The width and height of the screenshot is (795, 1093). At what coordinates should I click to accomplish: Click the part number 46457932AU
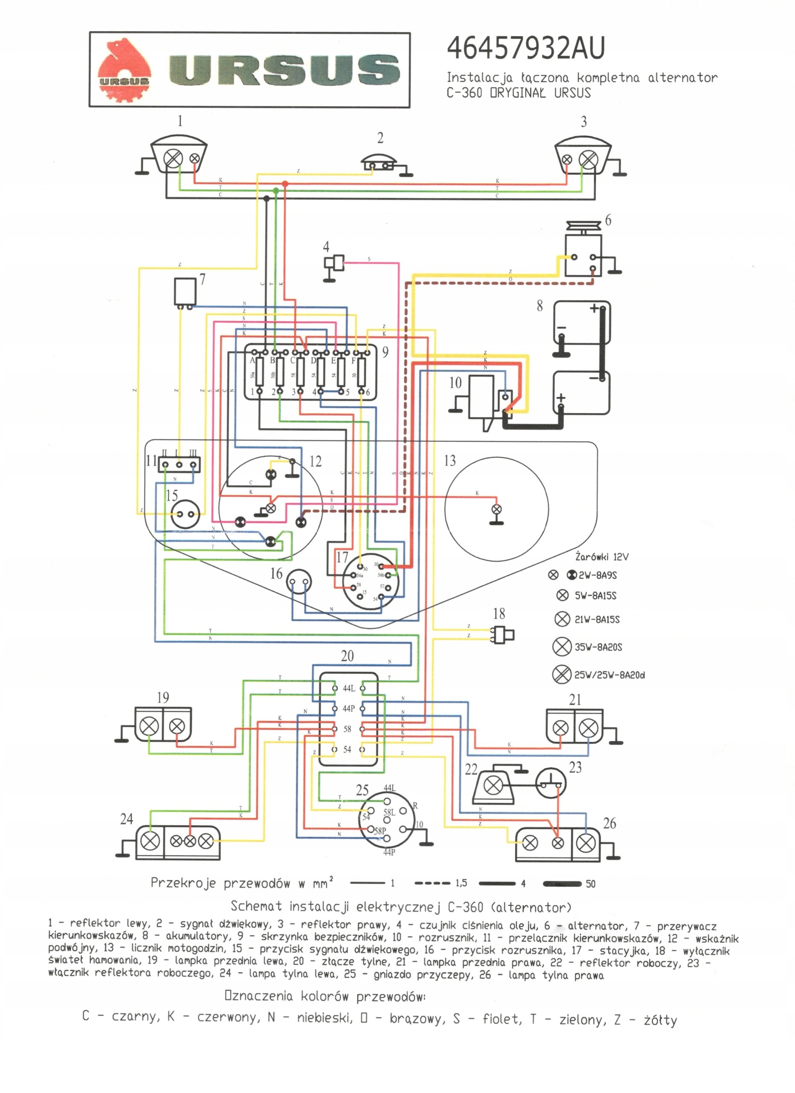(525, 48)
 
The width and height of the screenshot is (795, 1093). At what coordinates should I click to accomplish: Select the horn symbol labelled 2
(379, 164)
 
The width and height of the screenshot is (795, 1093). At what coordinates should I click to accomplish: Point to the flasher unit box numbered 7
(185, 291)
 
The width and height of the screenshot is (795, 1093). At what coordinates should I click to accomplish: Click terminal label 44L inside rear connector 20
(349, 689)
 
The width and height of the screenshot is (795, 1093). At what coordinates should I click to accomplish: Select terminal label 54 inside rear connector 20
(347, 749)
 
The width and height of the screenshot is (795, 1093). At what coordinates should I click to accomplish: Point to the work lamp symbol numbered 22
(493, 786)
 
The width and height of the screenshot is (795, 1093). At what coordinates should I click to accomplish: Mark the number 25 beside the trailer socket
(362, 790)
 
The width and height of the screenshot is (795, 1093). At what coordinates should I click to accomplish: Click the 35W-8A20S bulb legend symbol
(562, 647)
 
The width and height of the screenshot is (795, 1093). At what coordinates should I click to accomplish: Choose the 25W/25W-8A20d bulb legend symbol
(562, 674)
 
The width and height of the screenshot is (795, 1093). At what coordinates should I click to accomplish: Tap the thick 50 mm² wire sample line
(562, 883)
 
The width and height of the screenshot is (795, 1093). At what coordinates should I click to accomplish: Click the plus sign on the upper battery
(594, 308)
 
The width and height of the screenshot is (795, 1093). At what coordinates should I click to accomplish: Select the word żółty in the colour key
(660, 1020)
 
